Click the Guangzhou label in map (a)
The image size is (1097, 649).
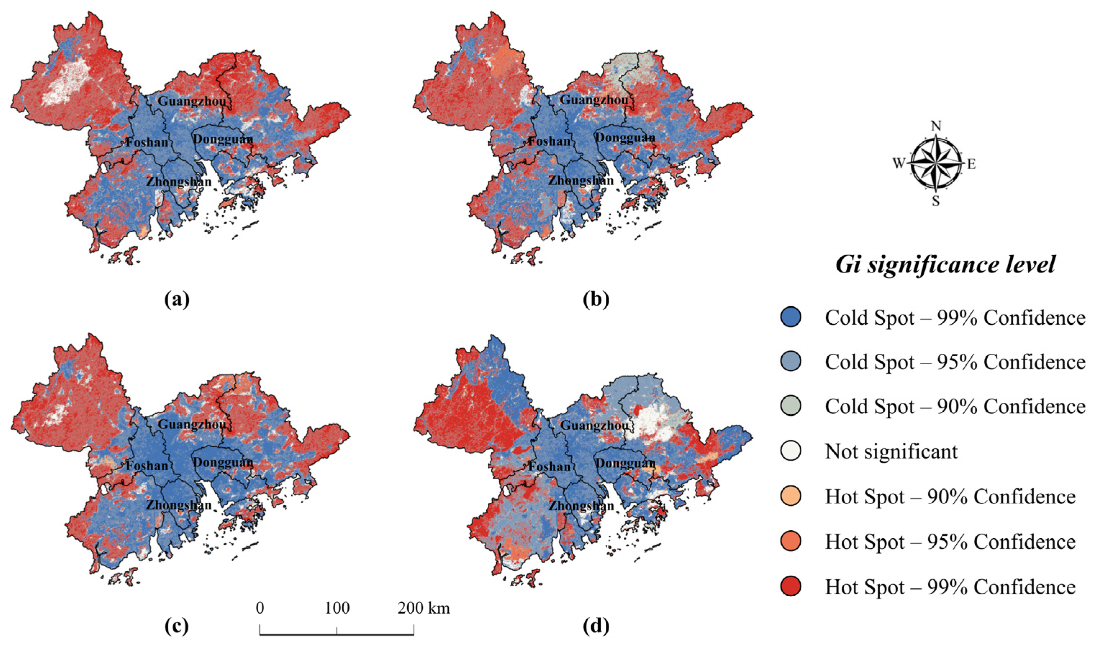[x=192, y=101]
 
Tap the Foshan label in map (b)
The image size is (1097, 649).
[x=549, y=141]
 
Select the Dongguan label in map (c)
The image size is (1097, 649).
[x=223, y=462]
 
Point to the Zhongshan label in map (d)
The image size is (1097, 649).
[x=581, y=506]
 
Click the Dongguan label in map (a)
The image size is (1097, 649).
[x=223, y=139]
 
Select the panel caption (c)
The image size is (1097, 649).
[x=177, y=627]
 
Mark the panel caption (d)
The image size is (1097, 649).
[x=596, y=627]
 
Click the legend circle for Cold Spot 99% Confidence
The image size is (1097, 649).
[x=791, y=317]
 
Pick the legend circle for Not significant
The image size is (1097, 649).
[x=791, y=451]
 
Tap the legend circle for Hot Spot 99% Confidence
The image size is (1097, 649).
[x=791, y=586]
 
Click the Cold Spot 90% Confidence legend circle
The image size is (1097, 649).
[x=791, y=406]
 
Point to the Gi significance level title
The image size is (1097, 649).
[x=945, y=265]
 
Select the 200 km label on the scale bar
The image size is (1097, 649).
[x=423, y=608]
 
